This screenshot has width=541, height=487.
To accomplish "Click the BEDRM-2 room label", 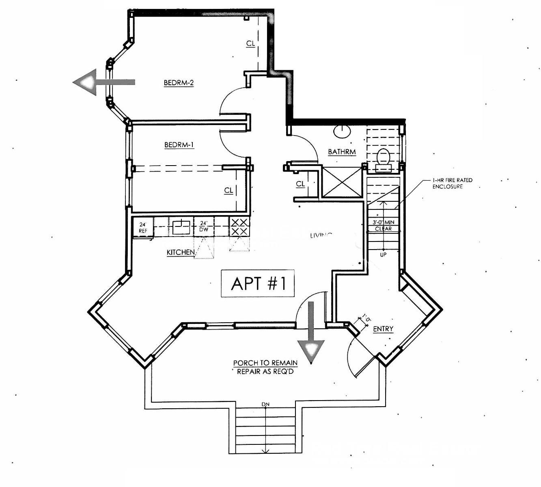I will [179, 83].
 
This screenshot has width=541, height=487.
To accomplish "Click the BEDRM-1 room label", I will [179, 145].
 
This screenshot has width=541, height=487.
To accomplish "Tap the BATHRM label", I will [342, 152].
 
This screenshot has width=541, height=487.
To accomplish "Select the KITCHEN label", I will [181, 252].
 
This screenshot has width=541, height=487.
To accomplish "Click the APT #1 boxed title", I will [258, 283].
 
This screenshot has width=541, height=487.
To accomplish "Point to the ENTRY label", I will [383, 329].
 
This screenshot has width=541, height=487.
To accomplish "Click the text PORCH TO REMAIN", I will [265, 363].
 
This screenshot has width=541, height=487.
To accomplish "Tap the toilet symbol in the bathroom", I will [384, 158].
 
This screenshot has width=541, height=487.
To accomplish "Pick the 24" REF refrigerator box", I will [143, 228].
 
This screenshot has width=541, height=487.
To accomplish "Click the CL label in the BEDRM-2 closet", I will [251, 43].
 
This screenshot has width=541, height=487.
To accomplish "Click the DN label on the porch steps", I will [265, 404].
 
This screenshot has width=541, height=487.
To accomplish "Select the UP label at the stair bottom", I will [383, 254].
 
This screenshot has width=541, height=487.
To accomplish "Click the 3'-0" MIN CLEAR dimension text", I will [383, 226].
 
